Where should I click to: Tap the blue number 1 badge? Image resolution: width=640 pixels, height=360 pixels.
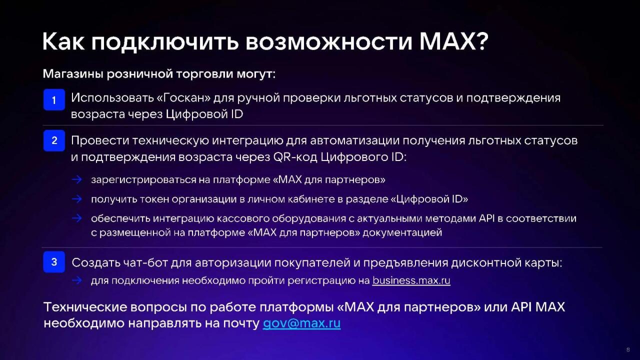click(54, 99)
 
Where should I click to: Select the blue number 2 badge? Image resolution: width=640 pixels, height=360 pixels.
click(54, 140)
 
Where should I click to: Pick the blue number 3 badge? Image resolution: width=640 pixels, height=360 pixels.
click(54, 262)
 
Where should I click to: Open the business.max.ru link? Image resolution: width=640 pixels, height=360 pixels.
click(411, 280)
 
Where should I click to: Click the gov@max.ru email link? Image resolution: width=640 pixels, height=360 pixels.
click(301, 323)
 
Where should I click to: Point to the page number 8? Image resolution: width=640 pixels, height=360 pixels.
click(628, 349)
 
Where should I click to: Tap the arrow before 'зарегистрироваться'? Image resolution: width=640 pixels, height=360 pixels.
click(77, 179)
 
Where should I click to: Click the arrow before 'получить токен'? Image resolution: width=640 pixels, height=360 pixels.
click(77, 199)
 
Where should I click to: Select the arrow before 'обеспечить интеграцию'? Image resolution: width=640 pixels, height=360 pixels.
click(77, 218)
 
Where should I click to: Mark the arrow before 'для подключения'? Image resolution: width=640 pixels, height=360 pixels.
click(77, 280)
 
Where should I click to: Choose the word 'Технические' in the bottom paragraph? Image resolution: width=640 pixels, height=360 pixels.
click(85, 307)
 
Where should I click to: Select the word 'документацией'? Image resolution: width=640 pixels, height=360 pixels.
click(402, 233)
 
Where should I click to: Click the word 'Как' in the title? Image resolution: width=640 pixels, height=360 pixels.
click(63, 41)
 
